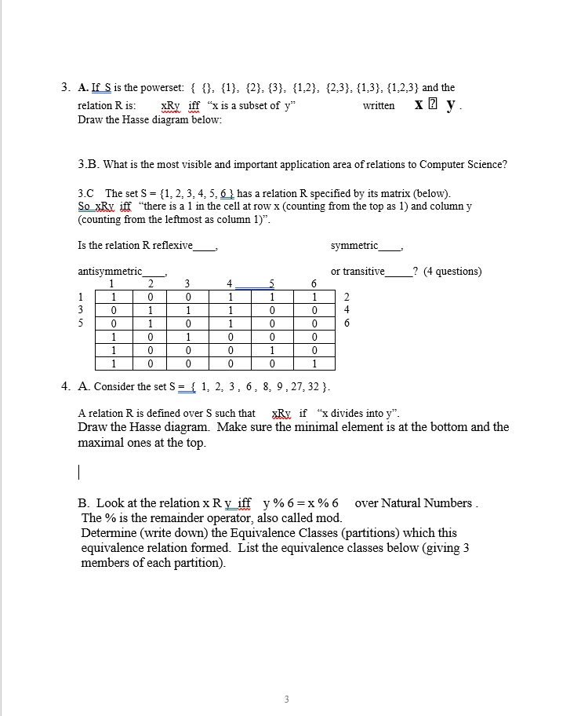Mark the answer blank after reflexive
tap(205, 246)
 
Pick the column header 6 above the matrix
tap(314, 283)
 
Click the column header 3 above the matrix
tap(187, 283)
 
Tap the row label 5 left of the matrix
tap(82, 323)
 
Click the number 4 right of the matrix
tap(347, 310)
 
